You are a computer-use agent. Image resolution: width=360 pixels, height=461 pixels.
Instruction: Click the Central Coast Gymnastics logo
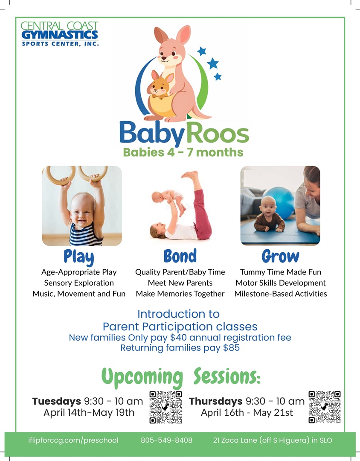click(x=60, y=34)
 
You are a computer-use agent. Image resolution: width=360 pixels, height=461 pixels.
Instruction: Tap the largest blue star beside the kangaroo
click(x=213, y=63)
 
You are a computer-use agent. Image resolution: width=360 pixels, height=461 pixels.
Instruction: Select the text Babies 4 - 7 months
click(x=183, y=152)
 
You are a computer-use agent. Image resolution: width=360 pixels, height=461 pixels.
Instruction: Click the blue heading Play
click(x=79, y=257)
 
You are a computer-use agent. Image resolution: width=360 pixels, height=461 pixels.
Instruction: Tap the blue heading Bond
click(x=180, y=256)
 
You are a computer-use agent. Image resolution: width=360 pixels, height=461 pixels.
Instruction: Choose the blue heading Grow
click(x=280, y=256)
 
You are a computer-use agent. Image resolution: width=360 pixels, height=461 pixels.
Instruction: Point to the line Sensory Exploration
click(x=79, y=283)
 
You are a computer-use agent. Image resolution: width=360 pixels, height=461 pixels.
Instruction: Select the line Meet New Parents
click(x=180, y=283)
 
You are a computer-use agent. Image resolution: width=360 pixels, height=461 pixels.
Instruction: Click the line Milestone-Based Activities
click(x=281, y=294)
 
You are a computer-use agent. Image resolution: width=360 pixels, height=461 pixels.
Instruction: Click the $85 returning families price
click(x=231, y=348)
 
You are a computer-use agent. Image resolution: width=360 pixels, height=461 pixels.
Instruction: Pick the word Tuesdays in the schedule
click(x=56, y=401)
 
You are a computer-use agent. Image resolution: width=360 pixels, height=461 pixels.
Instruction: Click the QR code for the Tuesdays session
click(x=166, y=407)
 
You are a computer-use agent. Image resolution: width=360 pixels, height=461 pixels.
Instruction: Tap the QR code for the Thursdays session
click(x=325, y=407)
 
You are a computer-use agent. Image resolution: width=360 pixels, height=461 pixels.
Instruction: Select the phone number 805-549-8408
click(x=167, y=440)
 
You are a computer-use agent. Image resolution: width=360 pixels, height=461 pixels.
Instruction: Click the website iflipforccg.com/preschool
click(x=73, y=441)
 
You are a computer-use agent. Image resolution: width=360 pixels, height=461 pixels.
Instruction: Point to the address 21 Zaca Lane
click(x=235, y=440)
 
